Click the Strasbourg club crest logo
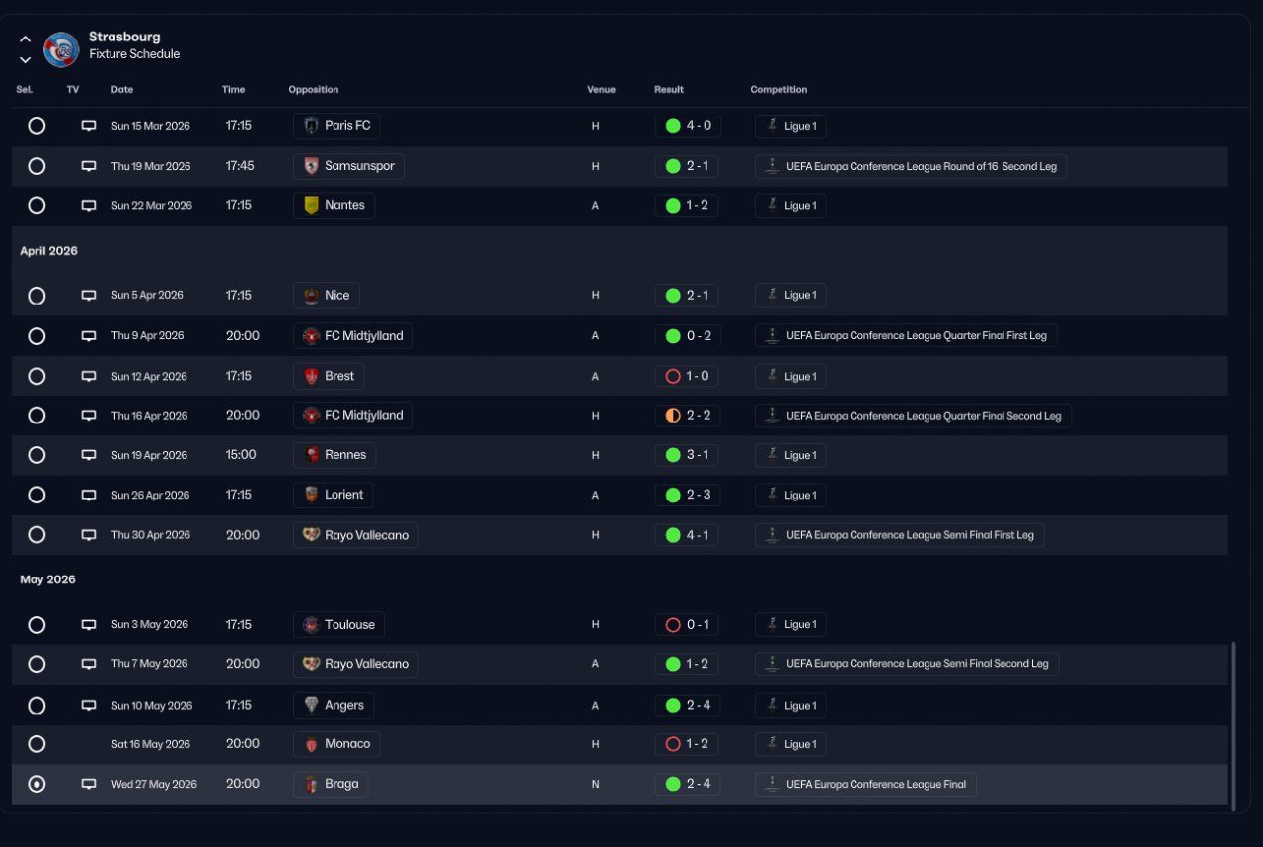point(61,48)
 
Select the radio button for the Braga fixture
point(37,784)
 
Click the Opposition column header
point(313,90)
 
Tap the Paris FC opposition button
point(336,126)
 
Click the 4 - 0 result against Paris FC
point(688,126)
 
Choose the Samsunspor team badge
point(312,166)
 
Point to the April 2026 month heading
point(48,251)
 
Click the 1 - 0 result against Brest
point(688,376)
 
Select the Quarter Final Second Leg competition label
point(913,416)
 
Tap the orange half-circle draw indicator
point(673,416)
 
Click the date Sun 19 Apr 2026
point(149,455)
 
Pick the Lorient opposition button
point(334,495)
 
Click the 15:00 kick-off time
point(241,455)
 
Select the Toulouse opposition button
point(338,624)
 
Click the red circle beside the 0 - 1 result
point(673,624)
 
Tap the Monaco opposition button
point(336,744)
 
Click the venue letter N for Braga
point(595,785)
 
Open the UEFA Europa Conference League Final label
point(865,785)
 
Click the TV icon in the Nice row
point(89,295)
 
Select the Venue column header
point(601,90)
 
